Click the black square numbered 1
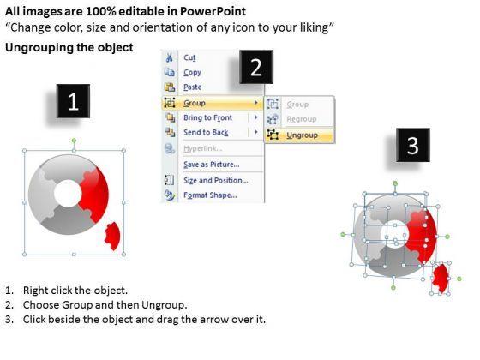(73, 101)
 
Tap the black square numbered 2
(256, 67)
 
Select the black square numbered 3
(413, 145)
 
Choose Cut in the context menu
(189, 58)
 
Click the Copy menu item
(192, 73)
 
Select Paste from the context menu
(192, 87)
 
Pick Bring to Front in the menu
(207, 117)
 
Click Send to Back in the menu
(206, 132)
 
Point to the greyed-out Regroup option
(301, 119)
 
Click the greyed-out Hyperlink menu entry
(202, 148)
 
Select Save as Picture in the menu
(211, 165)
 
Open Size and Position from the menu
(215, 180)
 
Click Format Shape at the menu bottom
(210, 195)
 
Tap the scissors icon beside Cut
(169, 57)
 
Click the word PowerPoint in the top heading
(213, 11)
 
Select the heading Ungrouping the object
(69, 47)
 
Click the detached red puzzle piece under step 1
(112, 236)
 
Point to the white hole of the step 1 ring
(68, 194)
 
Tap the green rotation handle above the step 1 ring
(74, 141)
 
